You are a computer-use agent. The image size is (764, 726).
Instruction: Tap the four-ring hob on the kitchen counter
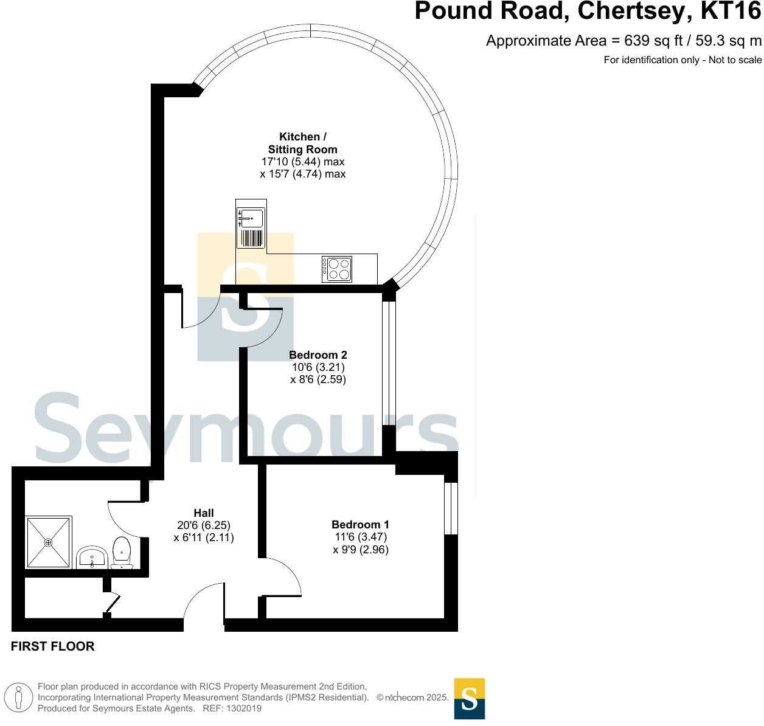(337, 269)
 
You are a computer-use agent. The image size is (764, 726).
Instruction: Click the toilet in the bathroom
(123, 552)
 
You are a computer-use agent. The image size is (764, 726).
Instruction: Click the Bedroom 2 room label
(318, 354)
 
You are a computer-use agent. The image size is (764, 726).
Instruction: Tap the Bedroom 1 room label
(360, 524)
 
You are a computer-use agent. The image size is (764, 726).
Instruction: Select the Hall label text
(203, 513)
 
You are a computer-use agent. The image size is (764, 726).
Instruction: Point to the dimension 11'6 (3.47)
(360, 537)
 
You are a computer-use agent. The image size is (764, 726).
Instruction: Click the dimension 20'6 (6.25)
(203, 525)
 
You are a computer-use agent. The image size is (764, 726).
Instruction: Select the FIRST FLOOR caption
(53, 646)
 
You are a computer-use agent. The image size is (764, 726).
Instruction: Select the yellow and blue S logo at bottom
(470, 699)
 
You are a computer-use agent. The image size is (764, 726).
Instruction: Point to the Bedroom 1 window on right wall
(451, 508)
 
